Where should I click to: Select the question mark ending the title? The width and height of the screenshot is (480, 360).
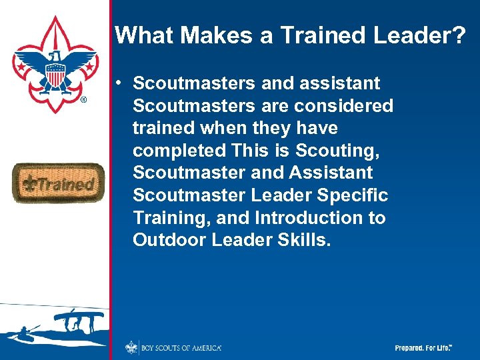coord(459,35)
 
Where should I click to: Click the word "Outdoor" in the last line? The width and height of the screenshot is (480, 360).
coord(170,240)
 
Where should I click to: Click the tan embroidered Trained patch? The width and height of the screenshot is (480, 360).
coord(58,183)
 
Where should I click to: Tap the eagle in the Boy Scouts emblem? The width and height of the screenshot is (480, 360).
coord(55,67)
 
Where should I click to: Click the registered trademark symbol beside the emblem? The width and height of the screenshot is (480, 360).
coord(83,101)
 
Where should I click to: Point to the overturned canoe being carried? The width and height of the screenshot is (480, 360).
coord(79,315)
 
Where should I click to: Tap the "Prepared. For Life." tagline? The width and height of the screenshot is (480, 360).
coord(423,348)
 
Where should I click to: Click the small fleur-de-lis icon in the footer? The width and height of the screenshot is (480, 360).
coord(131,347)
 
